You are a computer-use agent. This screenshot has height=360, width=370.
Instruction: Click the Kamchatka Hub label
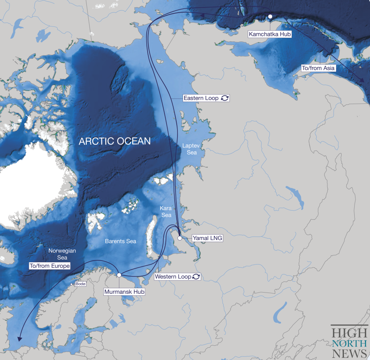[x=270, y=34]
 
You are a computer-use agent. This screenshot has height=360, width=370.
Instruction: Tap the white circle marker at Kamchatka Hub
[x=270, y=17]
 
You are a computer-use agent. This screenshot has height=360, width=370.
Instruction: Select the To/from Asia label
[x=318, y=68]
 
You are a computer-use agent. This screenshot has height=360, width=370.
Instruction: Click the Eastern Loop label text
[x=201, y=98]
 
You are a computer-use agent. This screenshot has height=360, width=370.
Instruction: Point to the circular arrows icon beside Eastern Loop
[x=224, y=98]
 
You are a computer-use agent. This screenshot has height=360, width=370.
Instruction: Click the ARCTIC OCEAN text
[x=115, y=141]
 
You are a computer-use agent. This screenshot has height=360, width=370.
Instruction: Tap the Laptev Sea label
[x=189, y=149]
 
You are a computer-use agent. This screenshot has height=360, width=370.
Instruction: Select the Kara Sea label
[x=166, y=211]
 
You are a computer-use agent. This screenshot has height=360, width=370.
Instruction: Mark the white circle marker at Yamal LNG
[x=180, y=238]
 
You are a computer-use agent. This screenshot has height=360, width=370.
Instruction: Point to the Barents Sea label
[x=120, y=241]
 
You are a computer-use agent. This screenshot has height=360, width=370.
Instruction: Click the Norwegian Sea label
[x=62, y=254]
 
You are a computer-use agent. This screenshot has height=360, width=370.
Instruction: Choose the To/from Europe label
[x=50, y=266]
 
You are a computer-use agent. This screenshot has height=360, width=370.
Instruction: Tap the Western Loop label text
[x=173, y=277]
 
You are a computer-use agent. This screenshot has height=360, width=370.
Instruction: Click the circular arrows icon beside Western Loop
[x=196, y=277]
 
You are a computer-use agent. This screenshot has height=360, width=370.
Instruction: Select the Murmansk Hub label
[x=124, y=292]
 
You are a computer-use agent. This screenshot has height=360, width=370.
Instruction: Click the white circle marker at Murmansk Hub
[x=119, y=275]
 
